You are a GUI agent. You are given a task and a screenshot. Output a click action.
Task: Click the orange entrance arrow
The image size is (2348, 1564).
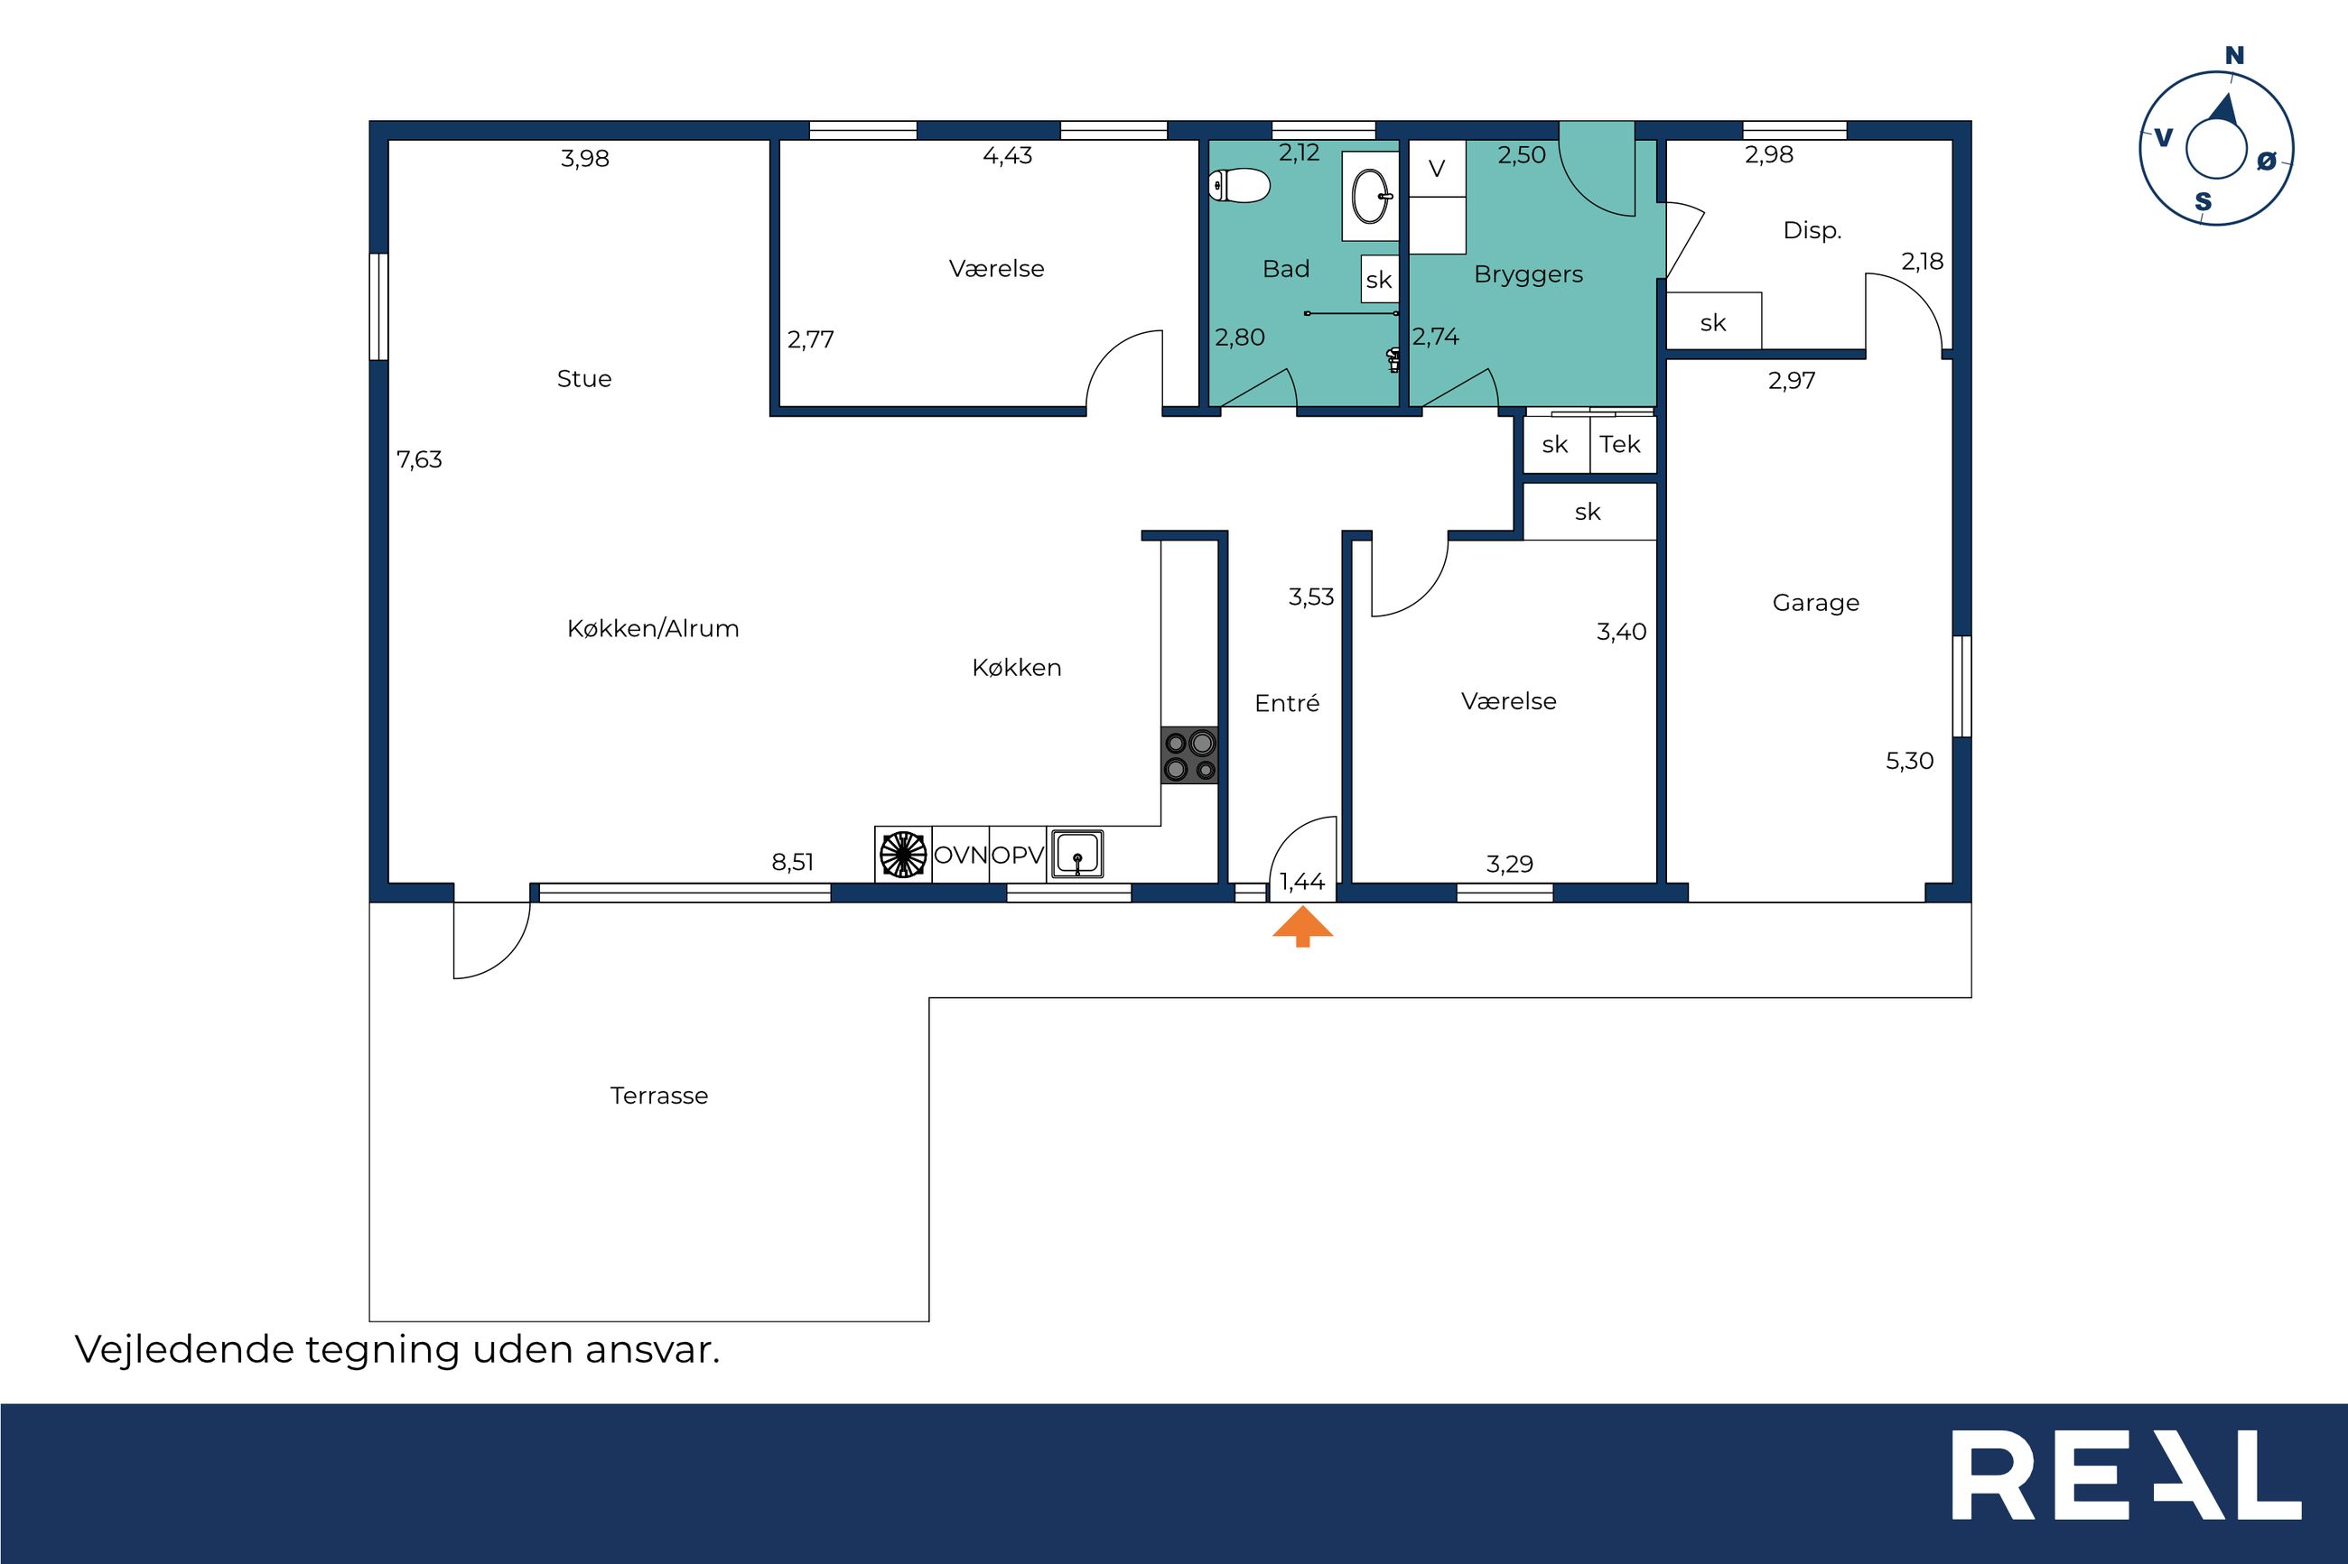(x=1302, y=927)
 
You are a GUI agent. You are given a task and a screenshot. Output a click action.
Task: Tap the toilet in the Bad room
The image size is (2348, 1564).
(x=1238, y=186)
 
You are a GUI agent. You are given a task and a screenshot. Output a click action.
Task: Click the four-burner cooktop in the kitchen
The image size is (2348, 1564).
(x=1189, y=755)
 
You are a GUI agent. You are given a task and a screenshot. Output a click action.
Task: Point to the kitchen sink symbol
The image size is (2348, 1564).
(x=1076, y=854)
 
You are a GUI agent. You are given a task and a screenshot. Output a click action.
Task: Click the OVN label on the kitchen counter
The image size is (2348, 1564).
(x=960, y=855)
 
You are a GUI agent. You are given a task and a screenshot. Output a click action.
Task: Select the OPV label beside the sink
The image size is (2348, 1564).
(x=1018, y=855)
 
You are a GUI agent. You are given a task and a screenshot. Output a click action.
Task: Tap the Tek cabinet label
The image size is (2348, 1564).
(x=1619, y=444)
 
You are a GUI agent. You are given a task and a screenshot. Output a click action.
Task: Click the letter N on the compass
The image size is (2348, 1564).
(x=2234, y=56)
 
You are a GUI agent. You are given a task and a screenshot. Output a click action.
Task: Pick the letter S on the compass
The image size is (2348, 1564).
(x=2204, y=202)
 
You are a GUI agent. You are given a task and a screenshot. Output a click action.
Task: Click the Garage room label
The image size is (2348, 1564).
(x=1816, y=603)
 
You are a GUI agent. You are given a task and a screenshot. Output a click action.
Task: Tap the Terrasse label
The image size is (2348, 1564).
(x=658, y=1096)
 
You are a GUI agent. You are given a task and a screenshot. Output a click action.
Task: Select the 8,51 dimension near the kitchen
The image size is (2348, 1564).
(x=792, y=863)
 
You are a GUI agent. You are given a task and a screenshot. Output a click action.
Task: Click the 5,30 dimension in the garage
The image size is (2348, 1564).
(x=1909, y=761)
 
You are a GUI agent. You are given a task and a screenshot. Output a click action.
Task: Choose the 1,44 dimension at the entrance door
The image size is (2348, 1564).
(x=1302, y=882)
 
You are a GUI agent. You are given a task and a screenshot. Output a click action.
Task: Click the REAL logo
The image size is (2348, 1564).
(x=2127, y=1488)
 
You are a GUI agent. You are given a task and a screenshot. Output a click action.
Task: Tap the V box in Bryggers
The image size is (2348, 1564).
(x=1437, y=169)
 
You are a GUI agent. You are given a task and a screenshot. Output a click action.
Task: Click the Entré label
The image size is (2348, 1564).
(x=1287, y=703)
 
